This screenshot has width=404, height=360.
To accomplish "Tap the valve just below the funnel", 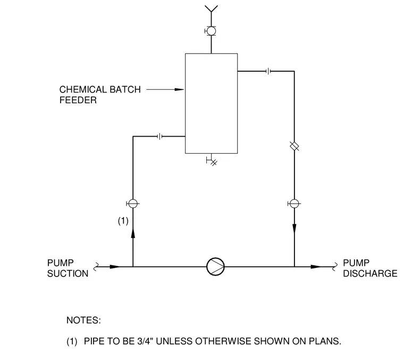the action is click(x=211, y=31).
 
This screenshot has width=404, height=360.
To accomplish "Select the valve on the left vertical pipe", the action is click(x=133, y=204).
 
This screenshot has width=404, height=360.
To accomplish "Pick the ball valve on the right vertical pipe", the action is click(x=294, y=204).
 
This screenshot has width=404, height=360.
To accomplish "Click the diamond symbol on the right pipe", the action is click(x=294, y=146).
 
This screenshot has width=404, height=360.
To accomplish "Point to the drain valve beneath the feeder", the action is click(x=212, y=160).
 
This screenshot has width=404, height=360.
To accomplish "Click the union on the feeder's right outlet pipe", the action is click(x=268, y=71).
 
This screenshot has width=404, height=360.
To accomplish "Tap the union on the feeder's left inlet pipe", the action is click(x=160, y=136).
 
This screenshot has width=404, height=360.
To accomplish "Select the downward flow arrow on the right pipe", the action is click(x=294, y=229).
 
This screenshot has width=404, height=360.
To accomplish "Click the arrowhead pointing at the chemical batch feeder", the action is click(x=179, y=89).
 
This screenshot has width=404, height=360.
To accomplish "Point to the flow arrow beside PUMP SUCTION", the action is click(x=115, y=267).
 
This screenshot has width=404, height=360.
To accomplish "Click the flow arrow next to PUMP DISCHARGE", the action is click(x=316, y=267).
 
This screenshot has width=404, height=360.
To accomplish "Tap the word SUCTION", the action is click(x=68, y=273).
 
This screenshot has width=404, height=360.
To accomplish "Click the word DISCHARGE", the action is click(x=370, y=273).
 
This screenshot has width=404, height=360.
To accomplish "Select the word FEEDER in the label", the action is click(x=78, y=100).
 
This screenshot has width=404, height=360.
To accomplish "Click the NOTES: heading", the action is click(x=84, y=320).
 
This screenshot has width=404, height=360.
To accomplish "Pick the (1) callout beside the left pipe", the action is click(x=123, y=221).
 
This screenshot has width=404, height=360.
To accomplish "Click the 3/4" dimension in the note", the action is click(x=145, y=341).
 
